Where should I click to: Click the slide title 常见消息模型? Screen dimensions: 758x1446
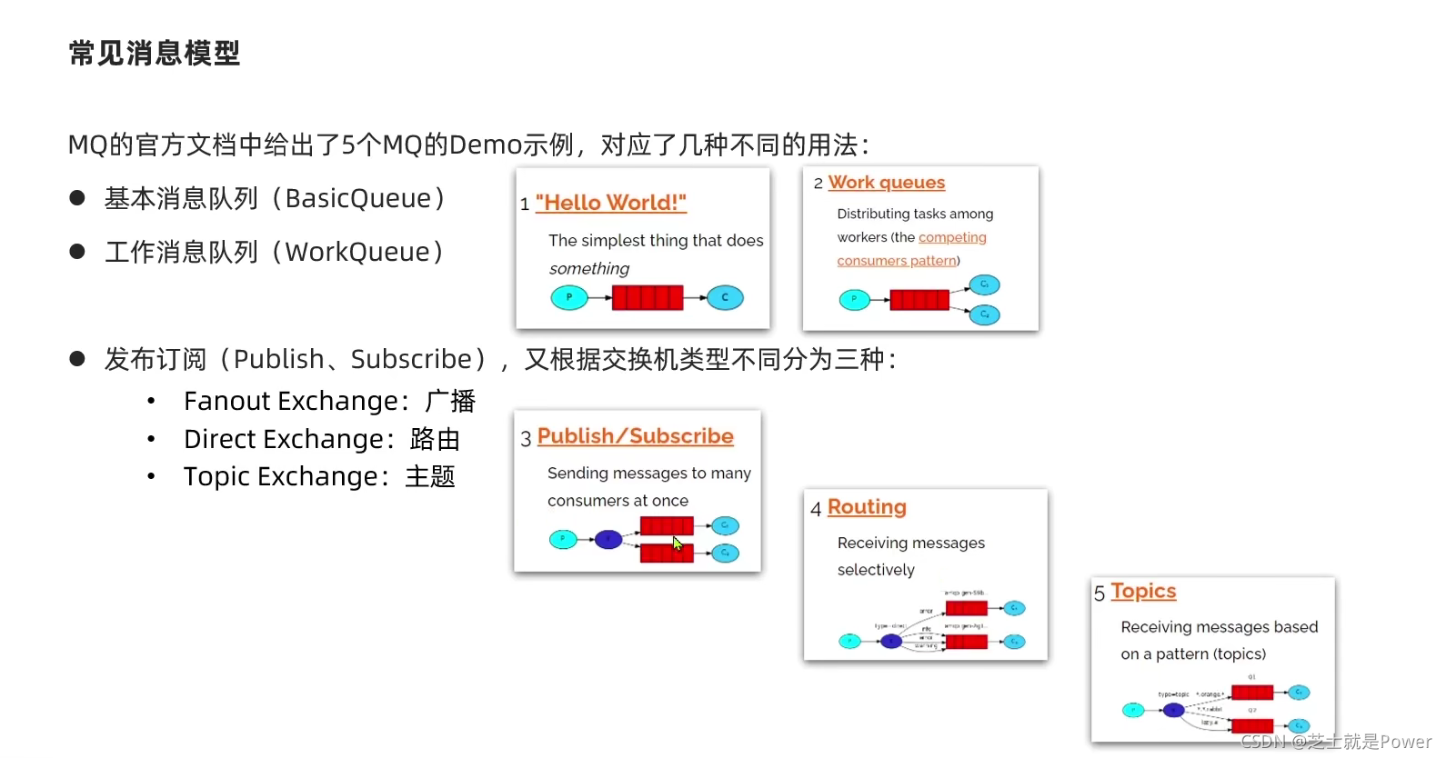tap(155, 54)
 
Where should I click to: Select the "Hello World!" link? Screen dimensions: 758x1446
tap(610, 203)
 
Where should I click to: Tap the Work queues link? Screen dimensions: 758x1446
tap(886, 183)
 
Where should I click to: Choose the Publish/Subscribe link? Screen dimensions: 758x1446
tap(635, 436)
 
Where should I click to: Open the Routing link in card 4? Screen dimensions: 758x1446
tap(867, 507)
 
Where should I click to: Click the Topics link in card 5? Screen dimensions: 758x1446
tap(1143, 592)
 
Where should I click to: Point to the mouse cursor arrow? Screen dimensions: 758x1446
tap(677, 544)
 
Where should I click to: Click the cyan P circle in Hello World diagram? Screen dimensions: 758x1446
tap(569, 297)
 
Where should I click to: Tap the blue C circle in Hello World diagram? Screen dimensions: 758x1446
tap(725, 297)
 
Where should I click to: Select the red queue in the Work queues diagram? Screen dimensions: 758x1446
tap(919, 299)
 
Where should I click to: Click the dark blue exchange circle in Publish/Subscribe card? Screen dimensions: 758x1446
tap(608, 540)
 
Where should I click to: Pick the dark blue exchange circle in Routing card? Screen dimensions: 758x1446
tap(891, 642)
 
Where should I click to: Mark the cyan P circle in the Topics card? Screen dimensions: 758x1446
tap(1133, 710)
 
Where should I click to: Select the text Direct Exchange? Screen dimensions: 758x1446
tap(284, 439)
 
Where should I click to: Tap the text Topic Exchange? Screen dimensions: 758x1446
tap(280, 476)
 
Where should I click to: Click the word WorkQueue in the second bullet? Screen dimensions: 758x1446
tap(357, 252)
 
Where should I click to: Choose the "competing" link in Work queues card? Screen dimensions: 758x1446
tap(952, 237)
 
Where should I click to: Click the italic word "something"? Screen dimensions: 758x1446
tap(589, 268)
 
